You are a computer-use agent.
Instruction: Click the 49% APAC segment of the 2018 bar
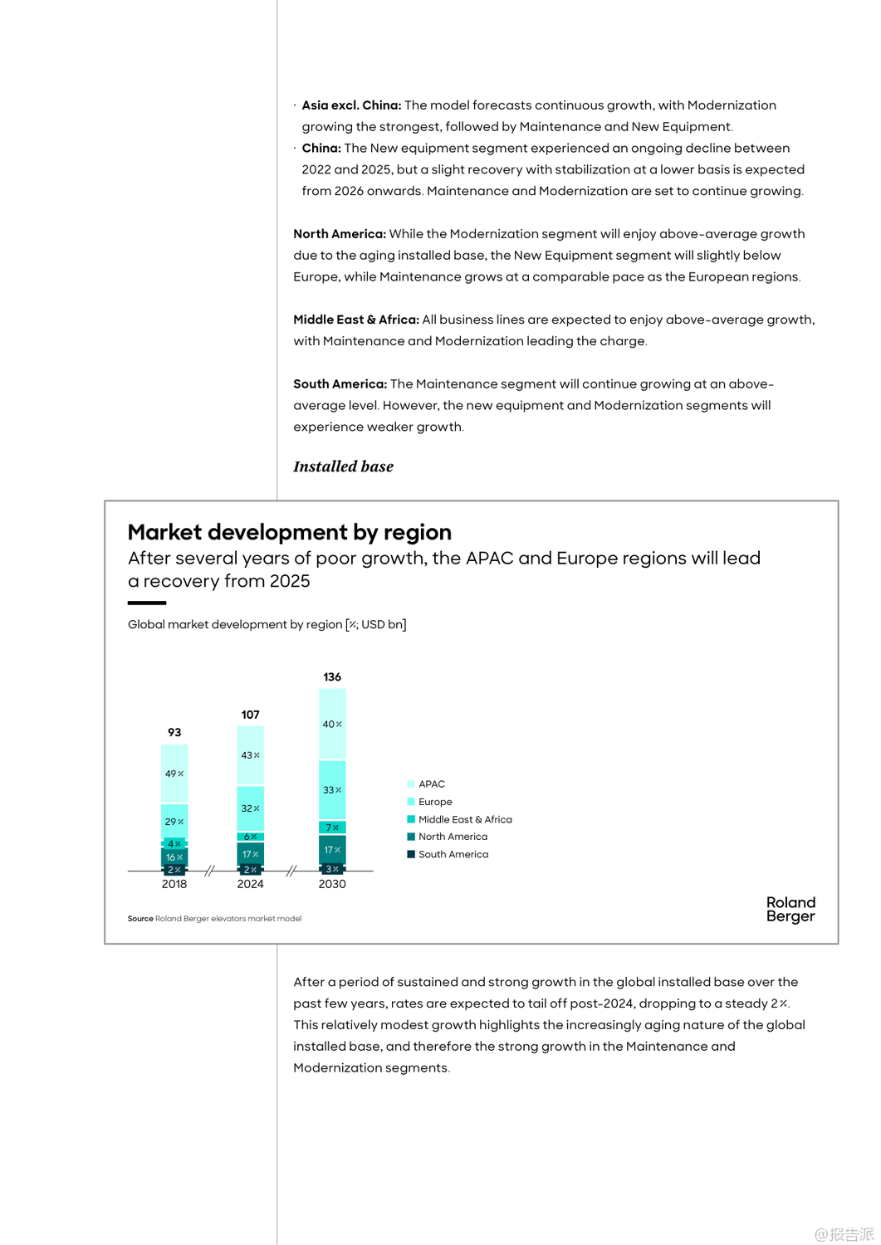point(174,774)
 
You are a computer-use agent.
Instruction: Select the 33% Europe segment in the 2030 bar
point(332,790)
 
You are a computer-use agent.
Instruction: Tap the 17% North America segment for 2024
point(251,854)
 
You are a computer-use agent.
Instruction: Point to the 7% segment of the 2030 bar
point(332,828)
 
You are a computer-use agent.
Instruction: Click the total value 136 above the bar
point(332,677)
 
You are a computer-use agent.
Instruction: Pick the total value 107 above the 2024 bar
point(251,715)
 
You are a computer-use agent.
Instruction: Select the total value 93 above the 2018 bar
point(174,732)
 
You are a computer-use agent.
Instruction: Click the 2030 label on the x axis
point(332,884)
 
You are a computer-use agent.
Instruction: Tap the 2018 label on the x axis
point(174,884)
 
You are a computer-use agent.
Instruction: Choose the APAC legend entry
point(431,784)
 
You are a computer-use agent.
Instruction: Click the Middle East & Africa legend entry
point(464,819)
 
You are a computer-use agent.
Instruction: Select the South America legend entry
point(453,854)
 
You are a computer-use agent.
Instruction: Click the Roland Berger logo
point(790,909)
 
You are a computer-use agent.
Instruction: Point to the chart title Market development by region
point(290,532)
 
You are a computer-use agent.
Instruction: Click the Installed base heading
point(343,466)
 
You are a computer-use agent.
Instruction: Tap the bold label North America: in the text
point(339,234)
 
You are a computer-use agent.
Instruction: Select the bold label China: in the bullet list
point(321,148)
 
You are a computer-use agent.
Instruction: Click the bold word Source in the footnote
point(140,919)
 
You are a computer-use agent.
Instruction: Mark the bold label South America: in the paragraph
point(340,384)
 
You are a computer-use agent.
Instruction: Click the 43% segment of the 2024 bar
point(251,755)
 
